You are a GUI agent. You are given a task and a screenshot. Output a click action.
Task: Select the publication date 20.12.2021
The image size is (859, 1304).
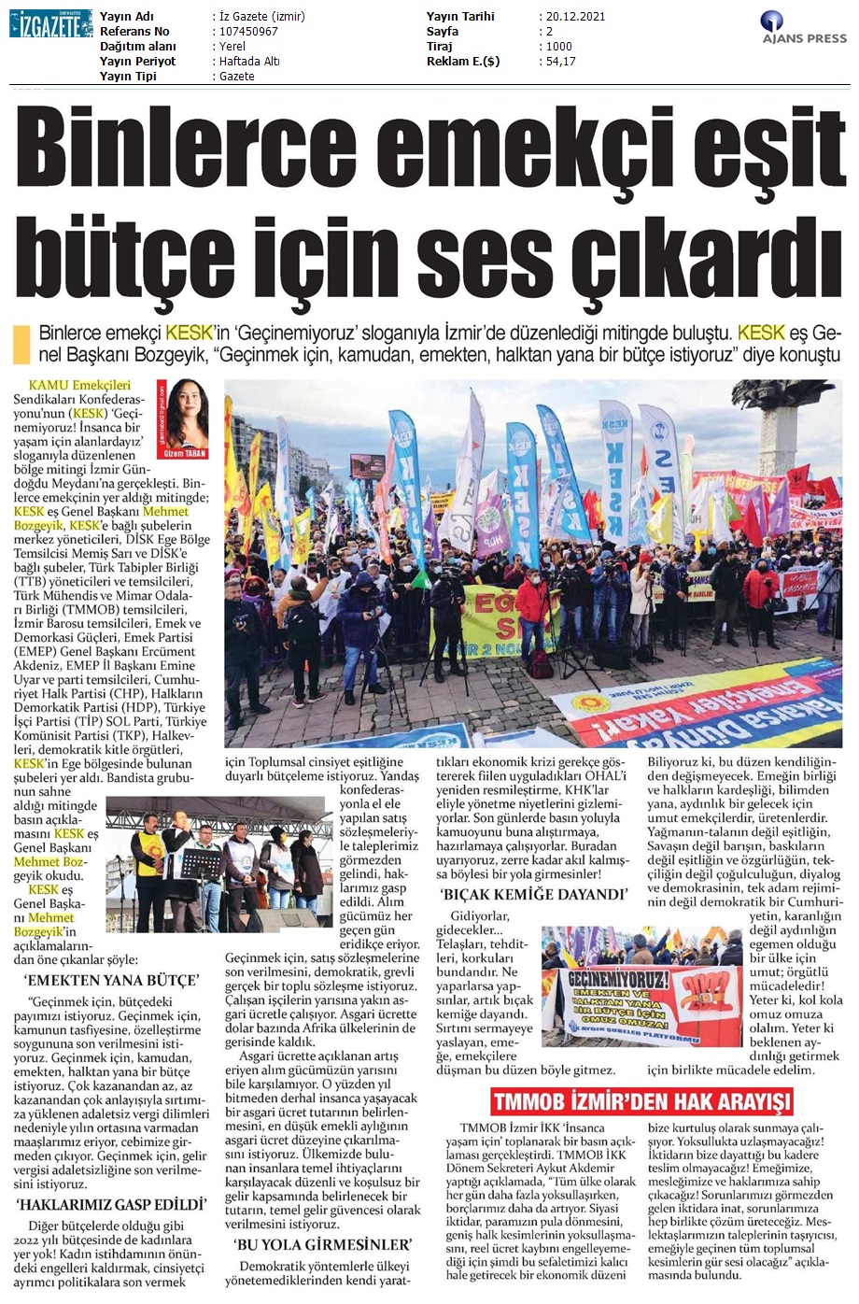[x=572, y=17]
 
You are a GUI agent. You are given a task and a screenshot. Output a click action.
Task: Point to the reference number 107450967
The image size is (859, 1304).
[x=247, y=32]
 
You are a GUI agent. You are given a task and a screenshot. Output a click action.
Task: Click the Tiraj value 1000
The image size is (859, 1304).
[x=558, y=47]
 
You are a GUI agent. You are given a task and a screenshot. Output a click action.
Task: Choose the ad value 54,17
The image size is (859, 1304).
[x=560, y=62]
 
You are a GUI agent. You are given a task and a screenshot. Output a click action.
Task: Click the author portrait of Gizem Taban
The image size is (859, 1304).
[x=184, y=416]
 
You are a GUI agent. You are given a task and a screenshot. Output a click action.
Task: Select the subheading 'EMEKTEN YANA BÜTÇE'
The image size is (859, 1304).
[x=111, y=981]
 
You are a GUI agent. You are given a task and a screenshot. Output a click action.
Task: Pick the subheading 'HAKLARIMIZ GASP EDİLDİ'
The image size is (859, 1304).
[x=111, y=1205]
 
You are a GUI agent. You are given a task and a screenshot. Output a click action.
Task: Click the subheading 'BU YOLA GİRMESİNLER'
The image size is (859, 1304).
[x=323, y=1245]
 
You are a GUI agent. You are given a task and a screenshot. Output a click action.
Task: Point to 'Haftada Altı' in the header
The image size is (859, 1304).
[x=249, y=62]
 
